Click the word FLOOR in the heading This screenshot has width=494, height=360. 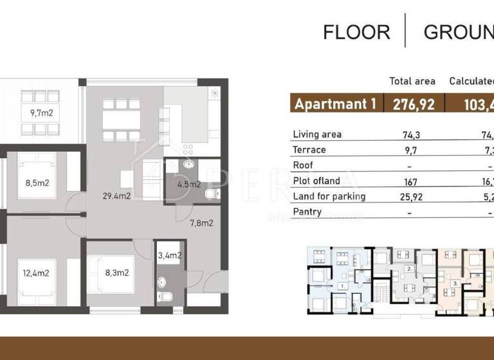(356, 32)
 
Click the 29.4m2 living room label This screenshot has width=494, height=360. (117, 196)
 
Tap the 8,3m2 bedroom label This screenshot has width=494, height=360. (117, 272)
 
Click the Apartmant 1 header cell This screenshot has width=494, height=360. (334, 104)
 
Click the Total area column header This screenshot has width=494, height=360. (412, 81)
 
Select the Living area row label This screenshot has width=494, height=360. (317, 134)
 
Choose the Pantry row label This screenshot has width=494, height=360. (307, 212)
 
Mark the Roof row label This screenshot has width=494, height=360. (303, 165)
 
